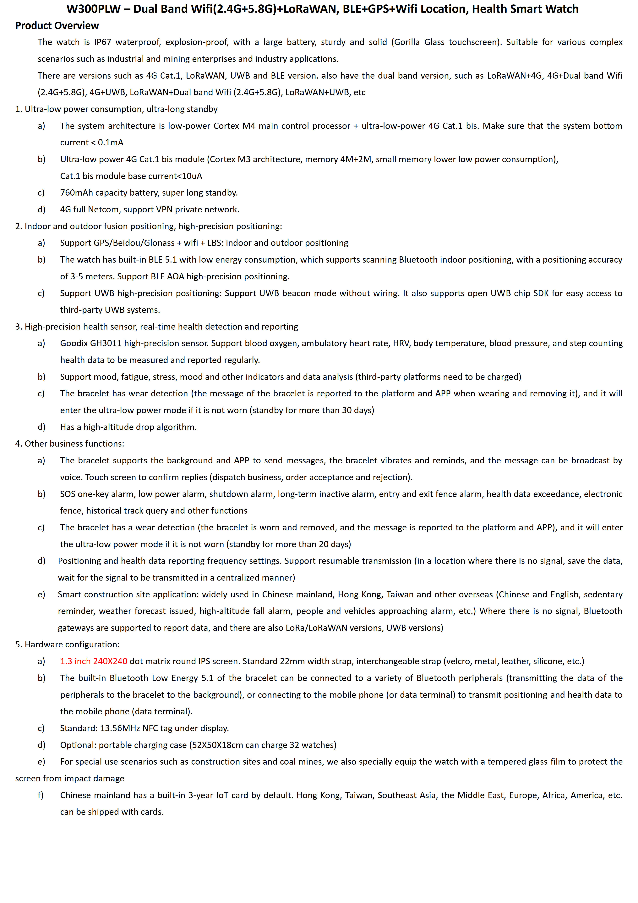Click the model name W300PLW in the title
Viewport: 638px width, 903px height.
click(94, 9)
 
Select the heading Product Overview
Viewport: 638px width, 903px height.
click(57, 25)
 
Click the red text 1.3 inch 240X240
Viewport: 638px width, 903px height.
click(94, 661)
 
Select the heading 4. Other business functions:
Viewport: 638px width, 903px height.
click(70, 444)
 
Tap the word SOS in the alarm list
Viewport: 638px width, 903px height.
click(68, 494)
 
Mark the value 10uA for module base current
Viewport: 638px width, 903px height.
click(192, 176)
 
